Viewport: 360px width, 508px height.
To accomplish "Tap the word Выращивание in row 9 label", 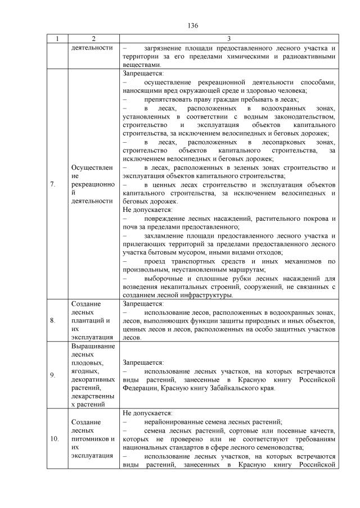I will (92, 346).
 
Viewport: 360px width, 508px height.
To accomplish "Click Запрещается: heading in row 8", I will (143, 304).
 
